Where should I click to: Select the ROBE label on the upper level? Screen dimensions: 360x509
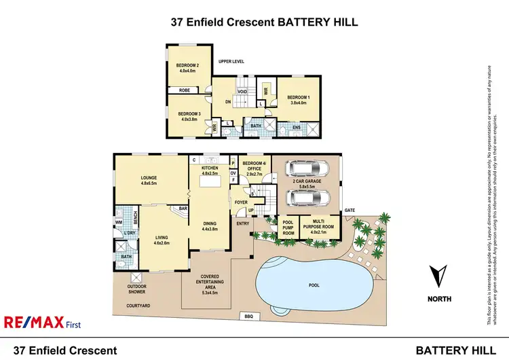pos(185,90)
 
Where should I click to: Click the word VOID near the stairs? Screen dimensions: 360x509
pos(242,92)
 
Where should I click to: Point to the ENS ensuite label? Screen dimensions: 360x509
pos(296,126)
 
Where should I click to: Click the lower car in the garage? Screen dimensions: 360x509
pos(307,198)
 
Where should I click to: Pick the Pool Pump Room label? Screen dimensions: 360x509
pos(288,227)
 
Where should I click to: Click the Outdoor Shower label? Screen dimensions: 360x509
pos(136,290)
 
